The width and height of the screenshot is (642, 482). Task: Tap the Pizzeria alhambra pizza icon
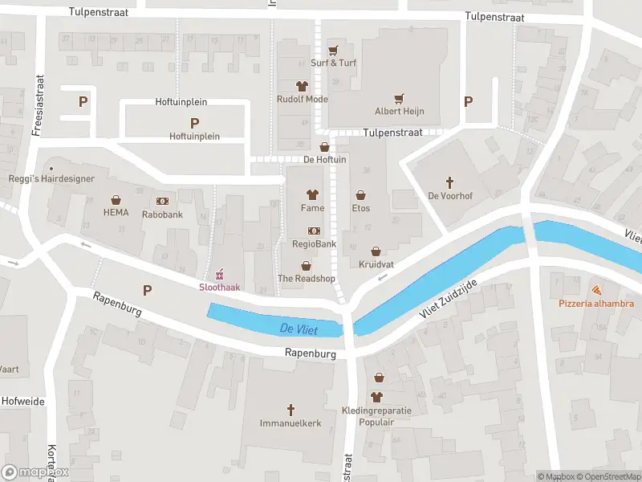point(596,290)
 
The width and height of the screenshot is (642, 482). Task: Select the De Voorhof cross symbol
point(449,182)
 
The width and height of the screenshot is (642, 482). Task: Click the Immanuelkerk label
point(291,423)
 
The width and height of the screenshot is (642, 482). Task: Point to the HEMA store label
point(116,213)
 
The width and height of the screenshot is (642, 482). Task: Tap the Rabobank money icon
point(163,201)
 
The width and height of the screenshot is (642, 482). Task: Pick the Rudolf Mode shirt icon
point(303,85)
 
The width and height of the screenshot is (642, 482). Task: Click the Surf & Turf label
point(333,63)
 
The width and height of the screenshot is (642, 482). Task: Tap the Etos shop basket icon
point(361,194)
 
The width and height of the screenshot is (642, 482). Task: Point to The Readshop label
point(306,278)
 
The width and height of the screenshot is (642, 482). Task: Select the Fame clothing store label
point(312,208)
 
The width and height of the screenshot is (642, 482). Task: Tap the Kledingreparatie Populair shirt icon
point(377,396)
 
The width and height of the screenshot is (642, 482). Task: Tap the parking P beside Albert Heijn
point(469,102)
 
